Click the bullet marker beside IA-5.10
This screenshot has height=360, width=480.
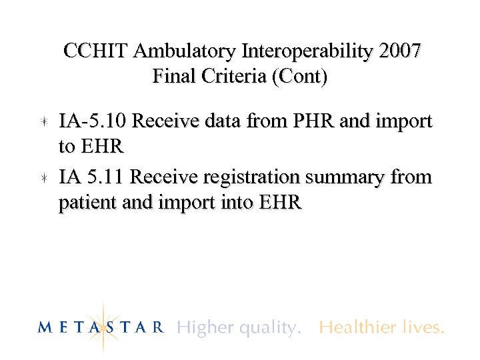43,122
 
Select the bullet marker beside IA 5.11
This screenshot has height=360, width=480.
43,178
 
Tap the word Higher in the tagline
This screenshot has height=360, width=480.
202,327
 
